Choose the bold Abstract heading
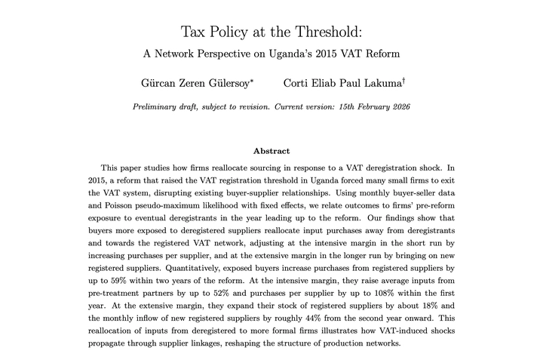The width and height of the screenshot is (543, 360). click(x=271, y=151)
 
